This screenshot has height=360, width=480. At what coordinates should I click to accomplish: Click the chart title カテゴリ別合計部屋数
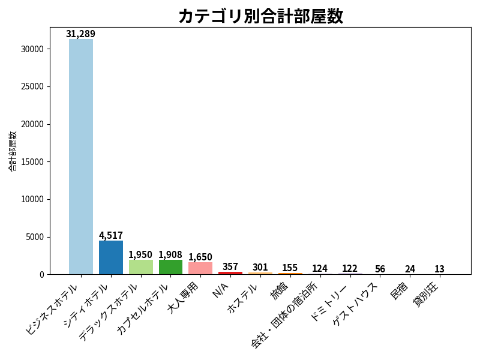[261, 16]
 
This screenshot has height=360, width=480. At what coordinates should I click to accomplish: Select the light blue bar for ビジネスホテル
[81, 157]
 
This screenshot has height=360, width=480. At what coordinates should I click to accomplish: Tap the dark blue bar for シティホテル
[111, 257]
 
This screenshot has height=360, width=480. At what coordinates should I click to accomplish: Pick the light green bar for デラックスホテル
[141, 267]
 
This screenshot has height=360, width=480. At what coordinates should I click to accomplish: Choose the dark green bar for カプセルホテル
[170, 267]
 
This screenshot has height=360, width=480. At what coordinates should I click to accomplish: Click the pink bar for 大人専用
[200, 268]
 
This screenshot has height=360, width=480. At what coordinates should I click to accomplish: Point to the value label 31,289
[80, 34]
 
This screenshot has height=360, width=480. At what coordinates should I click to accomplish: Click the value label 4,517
[111, 235]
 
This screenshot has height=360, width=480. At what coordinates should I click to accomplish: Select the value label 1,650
[200, 257]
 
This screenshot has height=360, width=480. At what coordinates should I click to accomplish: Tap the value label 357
[230, 266]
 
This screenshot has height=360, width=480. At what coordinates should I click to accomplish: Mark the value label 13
[439, 269]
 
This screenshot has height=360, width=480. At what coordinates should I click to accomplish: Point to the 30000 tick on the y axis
[32, 49]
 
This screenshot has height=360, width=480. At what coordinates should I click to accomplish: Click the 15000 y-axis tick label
[32, 162]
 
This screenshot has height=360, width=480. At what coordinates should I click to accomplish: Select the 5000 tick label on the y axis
[35, 237]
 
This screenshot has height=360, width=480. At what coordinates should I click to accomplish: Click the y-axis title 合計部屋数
[12, 151]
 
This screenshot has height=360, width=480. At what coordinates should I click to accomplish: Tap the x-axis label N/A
[220, 290]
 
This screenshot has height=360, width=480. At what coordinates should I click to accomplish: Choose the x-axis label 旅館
[279, 291]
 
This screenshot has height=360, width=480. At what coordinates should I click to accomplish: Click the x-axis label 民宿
[399, 291]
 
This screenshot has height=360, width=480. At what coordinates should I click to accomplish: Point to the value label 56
[380, 269]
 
